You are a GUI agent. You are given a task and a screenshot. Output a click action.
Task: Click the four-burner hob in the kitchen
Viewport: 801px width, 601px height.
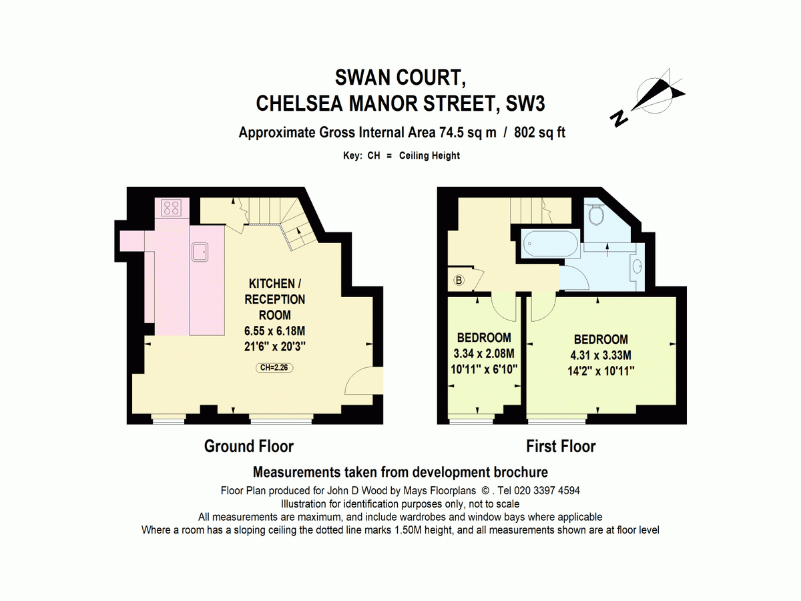pos(172,208)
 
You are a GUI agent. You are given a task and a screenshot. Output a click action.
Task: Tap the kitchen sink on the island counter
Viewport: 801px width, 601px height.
pos(200,252)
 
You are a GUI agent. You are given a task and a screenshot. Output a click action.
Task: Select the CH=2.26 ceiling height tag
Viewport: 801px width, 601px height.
pos(274,367)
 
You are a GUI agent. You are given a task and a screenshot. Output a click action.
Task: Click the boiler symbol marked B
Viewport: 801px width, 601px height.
pos(459,280)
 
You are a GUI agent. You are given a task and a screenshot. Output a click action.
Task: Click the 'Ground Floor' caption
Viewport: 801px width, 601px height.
pos(248,446)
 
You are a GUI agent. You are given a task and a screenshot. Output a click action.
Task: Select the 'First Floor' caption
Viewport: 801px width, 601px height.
pos(561,446)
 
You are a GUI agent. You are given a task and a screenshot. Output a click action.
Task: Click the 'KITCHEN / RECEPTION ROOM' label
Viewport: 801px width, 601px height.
pos(274,298)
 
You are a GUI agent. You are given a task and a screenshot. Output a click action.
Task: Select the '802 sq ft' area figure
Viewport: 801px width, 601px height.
pos(541,132)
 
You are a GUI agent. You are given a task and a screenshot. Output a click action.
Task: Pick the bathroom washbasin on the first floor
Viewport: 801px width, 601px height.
pos(636,266)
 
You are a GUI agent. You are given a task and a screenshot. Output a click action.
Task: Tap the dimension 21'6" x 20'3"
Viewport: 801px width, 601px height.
pos(274,347)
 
